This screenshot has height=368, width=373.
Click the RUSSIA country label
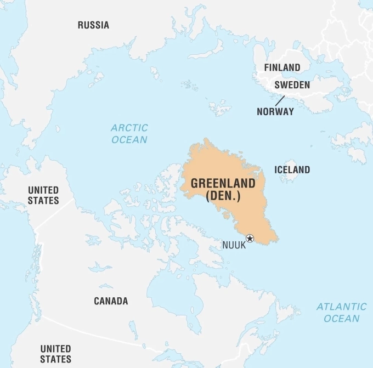pos(93,25)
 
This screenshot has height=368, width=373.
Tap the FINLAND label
pos(282,67)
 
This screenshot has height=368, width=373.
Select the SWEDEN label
pos(292,85)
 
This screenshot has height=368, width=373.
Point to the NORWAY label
pos(275,111)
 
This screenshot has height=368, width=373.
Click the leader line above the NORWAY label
pos(280,101)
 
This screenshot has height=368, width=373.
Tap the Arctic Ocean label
pos(129,134)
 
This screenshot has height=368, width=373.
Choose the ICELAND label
pos(292,170)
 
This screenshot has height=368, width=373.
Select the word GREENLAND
pos(223,184)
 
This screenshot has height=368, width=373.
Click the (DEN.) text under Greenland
pos(223,196)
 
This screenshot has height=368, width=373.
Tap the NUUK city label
pos(234,245)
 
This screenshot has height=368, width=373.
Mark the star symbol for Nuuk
pos(250,237)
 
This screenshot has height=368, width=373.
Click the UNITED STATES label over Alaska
pos(43,195)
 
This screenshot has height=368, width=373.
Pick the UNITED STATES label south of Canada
pos(55,354)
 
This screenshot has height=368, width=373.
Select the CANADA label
pos(111,301)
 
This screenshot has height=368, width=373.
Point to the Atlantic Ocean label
pos(341,313)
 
